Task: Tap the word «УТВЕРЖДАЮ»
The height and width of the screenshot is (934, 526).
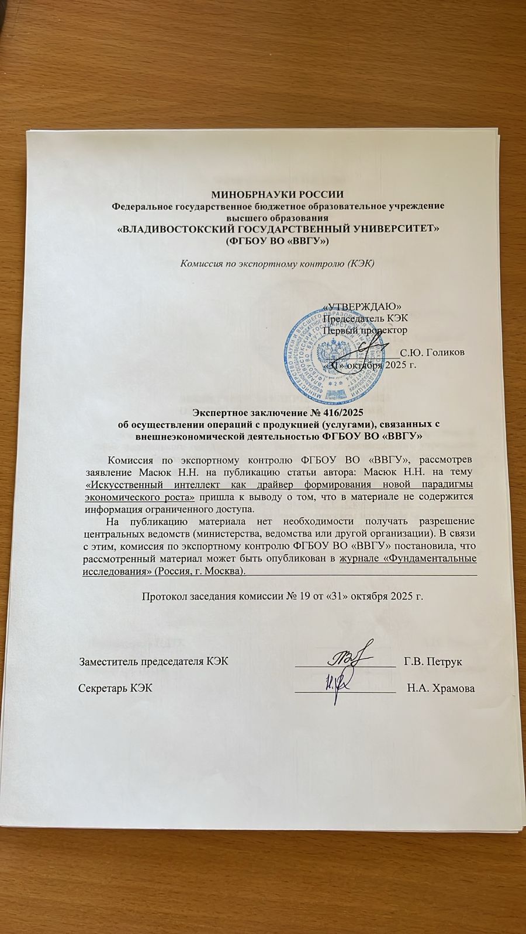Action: (x=362, y=306)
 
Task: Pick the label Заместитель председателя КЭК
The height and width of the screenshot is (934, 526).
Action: (x=154, y=661)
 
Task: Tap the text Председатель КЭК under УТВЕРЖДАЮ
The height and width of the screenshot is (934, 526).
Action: (x=365, y=318)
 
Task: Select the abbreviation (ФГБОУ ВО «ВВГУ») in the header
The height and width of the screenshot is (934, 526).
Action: (x=278, y=240)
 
